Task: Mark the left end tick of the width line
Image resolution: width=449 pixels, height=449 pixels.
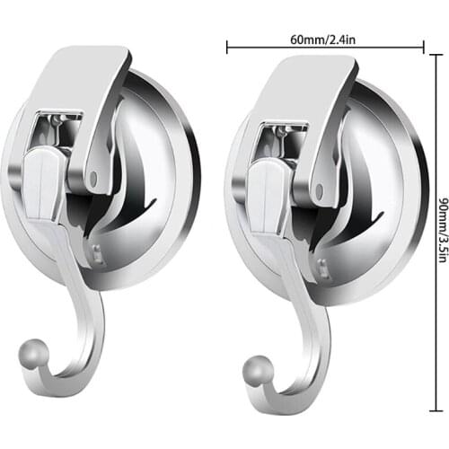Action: (x=227, y=47)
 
